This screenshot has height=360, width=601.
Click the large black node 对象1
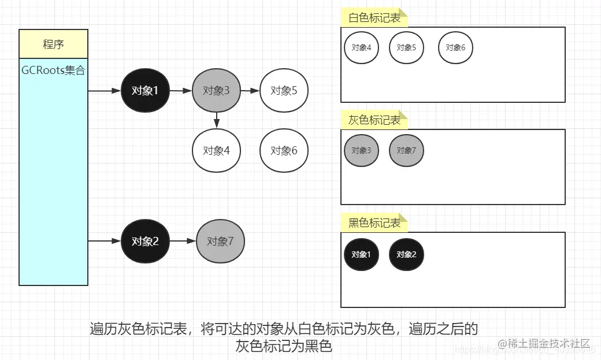[145, 91]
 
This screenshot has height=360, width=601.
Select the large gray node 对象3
[216, 91]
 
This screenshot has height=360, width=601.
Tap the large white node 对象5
[284, 91]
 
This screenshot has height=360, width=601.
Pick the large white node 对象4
[216, 151]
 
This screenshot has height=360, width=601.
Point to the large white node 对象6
[284, 151]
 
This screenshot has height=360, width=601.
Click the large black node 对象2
[145, 241]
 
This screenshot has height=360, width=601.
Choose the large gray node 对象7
[220, 241]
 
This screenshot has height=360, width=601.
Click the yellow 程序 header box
[53, 44]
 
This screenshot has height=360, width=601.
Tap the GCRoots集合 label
[53, 70]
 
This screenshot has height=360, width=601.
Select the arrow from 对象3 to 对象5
[250, 91]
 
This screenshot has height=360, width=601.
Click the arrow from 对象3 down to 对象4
[216, 120]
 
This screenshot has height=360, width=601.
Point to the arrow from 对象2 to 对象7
[183, 241]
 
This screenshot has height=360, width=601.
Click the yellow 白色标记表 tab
[374, 18]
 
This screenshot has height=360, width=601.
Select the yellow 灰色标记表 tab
[374, 120]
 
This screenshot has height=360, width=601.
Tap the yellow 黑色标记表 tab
[374, 223]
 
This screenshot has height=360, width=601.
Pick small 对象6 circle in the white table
[455, 47]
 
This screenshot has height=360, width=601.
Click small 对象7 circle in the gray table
[406, 150]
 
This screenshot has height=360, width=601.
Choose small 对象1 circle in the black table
[361, 254]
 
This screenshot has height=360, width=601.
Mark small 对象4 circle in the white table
[361, 47]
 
